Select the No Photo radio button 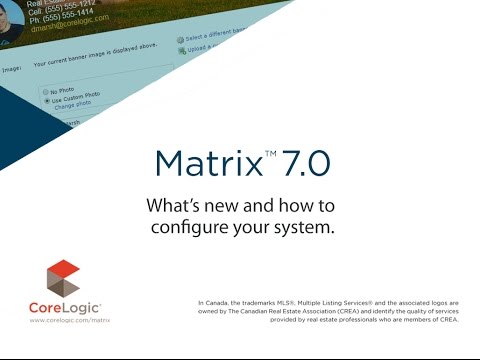[46, 91]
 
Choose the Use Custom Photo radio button [46, 100]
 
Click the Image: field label [13, 68]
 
